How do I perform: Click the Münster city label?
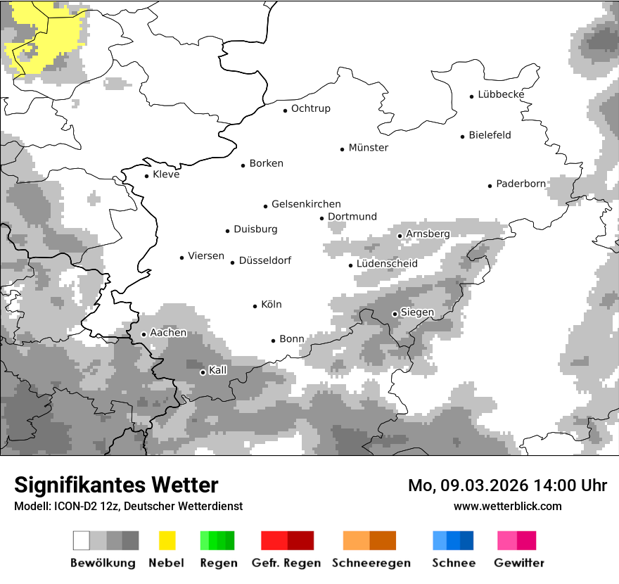tap(369, 148)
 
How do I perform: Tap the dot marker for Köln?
tap(255, 306)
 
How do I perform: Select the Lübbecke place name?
tap(501, 95)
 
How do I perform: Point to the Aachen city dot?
tap(143, 334)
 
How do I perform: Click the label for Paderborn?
tap(521, 184)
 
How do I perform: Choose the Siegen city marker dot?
tap(395, 314)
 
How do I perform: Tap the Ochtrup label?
tap(310, 109)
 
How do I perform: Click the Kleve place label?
tap(166, 174)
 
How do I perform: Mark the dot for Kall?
tap(203, 372)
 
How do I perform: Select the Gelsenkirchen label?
tap(306, 205)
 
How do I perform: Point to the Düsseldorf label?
tap(265, 261)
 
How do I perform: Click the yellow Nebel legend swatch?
tap(167, 540)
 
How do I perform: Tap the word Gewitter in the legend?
tap(519, 563)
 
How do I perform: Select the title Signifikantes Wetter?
tap(116, 485)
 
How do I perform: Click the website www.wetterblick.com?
tap(507, 507)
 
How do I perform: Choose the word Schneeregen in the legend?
tap(371, 563)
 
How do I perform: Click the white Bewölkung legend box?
tap(82, 540)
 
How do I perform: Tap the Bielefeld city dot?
tap(463, 137)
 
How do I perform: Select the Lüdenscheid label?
tap(387, 264)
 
